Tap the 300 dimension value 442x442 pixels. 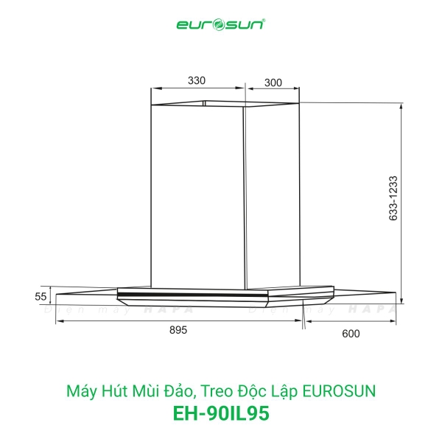pos(273,83)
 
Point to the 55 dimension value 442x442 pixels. pos(41,296)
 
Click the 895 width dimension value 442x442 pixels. pos(179,331)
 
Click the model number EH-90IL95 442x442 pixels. pos(220,413)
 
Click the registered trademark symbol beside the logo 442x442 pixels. pos(264,21)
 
